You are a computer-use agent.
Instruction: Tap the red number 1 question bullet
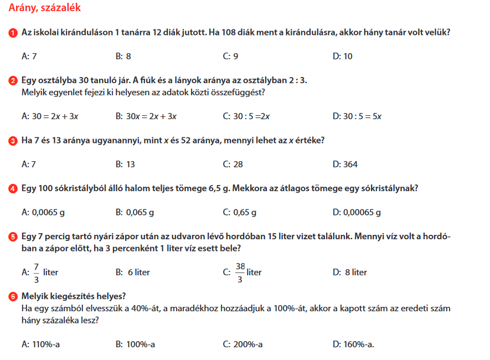click(x=13, y=33)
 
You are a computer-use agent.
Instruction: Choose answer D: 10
click(x=343, y=56)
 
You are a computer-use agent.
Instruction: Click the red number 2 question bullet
click(x=13, y=81)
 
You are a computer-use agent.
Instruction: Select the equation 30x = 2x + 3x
click(x=146, y=116)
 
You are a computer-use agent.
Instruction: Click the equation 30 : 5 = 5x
click(x=358, y=116)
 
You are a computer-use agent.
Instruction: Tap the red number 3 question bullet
click(x=13, y=141)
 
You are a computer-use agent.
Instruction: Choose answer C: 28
click(x=233, y=164)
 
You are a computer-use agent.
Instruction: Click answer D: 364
click(x=345, y=164)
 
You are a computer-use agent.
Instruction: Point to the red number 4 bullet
click(x=13, y=189)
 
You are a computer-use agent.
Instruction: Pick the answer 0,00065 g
click(x=357, y=212)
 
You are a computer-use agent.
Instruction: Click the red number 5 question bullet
click(x=13, y=237)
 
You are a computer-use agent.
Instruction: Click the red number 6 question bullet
click(x=13, y=297)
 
